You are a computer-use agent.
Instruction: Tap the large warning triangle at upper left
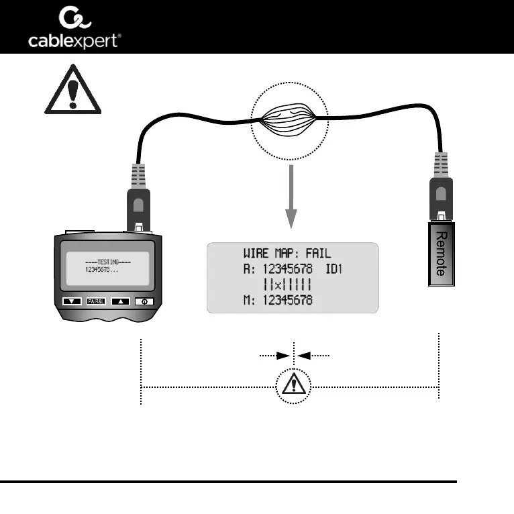click(x=72, y=91)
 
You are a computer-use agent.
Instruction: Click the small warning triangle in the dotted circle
click(x=294, y=385)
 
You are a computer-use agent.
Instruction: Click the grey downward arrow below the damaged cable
click(x=291, y=199)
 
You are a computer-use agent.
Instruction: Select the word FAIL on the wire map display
click(x=316, y=254)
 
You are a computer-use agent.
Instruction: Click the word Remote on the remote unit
click(x=440, y=255)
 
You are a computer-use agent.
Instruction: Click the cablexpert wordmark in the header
click(x=74, y=42)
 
